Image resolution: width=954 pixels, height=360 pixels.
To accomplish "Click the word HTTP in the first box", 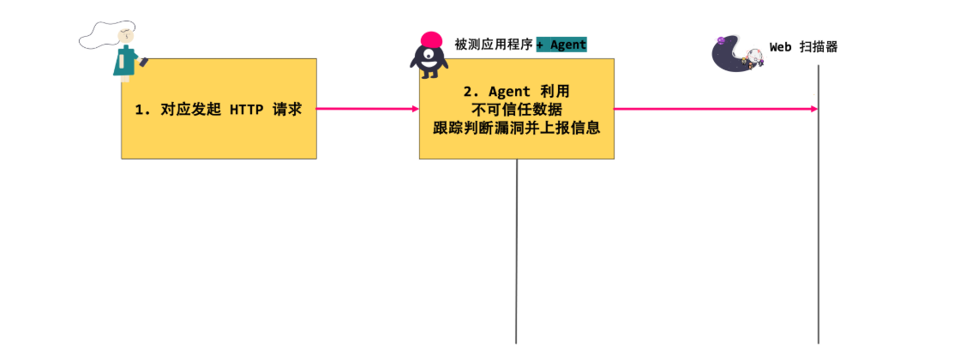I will pyautogui.click(x=249, y=110).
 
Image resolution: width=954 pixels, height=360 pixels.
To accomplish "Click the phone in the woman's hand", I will pyautogui.click(x=143, y=61).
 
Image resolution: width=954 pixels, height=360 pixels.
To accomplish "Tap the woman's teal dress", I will pyautogui.click(x=125, y=62).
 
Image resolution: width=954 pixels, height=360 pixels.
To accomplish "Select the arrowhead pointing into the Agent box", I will pyautogui.click(x=415, y=109).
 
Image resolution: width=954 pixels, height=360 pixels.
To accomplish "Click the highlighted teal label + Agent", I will pyautogui.click(x=561, y=45).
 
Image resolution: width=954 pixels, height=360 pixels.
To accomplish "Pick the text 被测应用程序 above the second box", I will pyautogui.click(x=494, y=45).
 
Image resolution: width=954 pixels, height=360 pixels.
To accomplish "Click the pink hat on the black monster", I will pyautogui.click(x=431, y=39).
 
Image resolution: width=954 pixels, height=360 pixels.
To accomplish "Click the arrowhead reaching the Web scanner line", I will pyautogui.click(x=813, y=109).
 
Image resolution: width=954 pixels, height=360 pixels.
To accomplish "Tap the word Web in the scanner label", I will pyautogui.click(x=780, y=47).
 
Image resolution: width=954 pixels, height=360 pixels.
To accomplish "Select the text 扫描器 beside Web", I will pyautogui.click(x=818, y=47).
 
